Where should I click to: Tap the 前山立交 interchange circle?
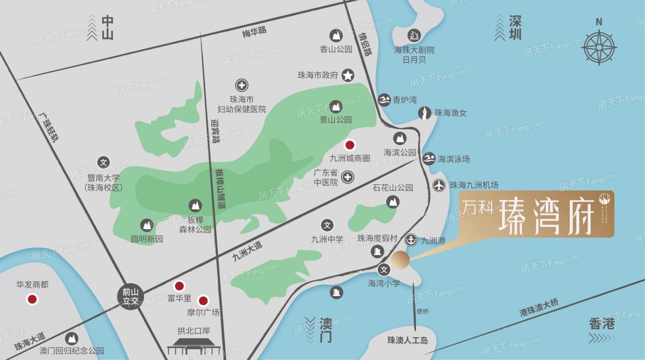(130, 295)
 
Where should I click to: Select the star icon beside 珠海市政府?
(348, 75)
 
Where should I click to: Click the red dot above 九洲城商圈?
(350, 145)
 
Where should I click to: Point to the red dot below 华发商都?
(32, 300)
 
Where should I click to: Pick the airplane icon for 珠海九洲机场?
(440, 185)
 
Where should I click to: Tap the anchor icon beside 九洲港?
(410, 240)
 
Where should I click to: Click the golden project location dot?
(400, 260)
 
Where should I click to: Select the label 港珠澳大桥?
(539, 307)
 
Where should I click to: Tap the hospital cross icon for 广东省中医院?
(348, 177)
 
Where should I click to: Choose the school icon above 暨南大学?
(103, 162)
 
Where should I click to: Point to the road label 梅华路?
(254, 32)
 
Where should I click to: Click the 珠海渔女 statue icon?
(424, 113)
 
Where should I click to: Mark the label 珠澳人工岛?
(408, 341)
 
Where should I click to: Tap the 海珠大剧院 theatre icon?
(414, 35)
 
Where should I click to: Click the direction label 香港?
(602, 324)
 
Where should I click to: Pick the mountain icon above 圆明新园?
(147, 225)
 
